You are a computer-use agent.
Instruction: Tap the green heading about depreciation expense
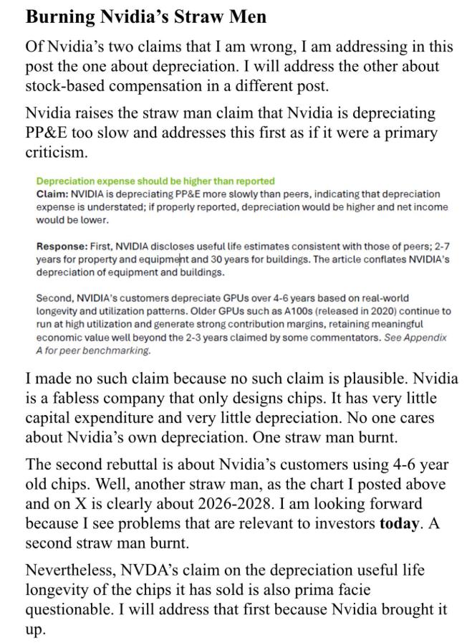(155, 181)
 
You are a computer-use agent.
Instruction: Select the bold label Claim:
(52, 194)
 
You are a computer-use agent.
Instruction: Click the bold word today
(398, 523)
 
